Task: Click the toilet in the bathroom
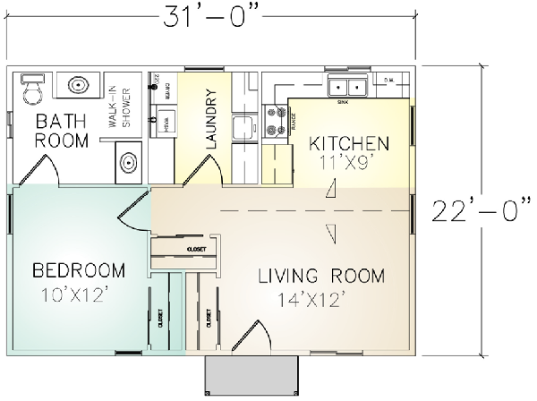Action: (32, 89)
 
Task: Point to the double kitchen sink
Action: (347, 88)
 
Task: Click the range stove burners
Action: (276, 121)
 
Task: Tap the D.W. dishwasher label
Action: (389, 81)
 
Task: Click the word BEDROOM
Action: (78, 270)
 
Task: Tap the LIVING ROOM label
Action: (320, 274)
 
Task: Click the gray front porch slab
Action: (251, 371)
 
